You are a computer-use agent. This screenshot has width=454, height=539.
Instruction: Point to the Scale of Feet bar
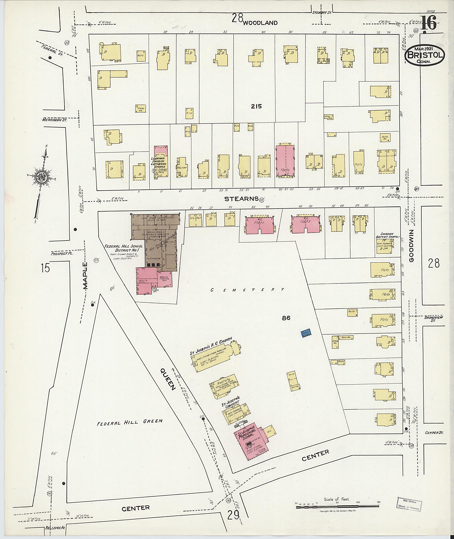point(337,506)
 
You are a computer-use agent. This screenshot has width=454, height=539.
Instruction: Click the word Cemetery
point(247,290)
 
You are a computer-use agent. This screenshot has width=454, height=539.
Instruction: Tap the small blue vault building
point(306,333)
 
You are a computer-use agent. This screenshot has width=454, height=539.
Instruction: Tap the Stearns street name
point(241,199)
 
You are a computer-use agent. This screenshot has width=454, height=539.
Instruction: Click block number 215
point(256,106)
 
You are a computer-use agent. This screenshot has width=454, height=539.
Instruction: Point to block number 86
point(286,318)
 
